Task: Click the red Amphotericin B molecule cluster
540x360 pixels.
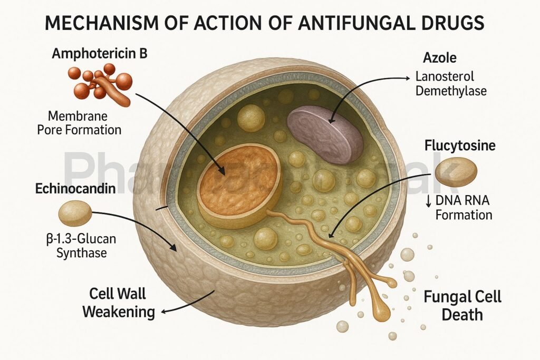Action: tap(100, 82)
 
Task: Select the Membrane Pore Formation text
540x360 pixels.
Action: tap(80, 122)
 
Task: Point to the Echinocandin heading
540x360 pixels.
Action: tap(75, 188)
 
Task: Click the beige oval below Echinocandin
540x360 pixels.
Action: tap(75, 213)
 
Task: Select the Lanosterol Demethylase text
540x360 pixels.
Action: tap(450, 83)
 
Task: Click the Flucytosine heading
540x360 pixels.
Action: tap(460, 145)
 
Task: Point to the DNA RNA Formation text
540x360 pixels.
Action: tap(459, 208)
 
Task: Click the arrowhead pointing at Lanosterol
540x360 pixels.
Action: tap(408, 79)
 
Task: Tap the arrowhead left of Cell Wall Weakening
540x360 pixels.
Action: tap(162, 312)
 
